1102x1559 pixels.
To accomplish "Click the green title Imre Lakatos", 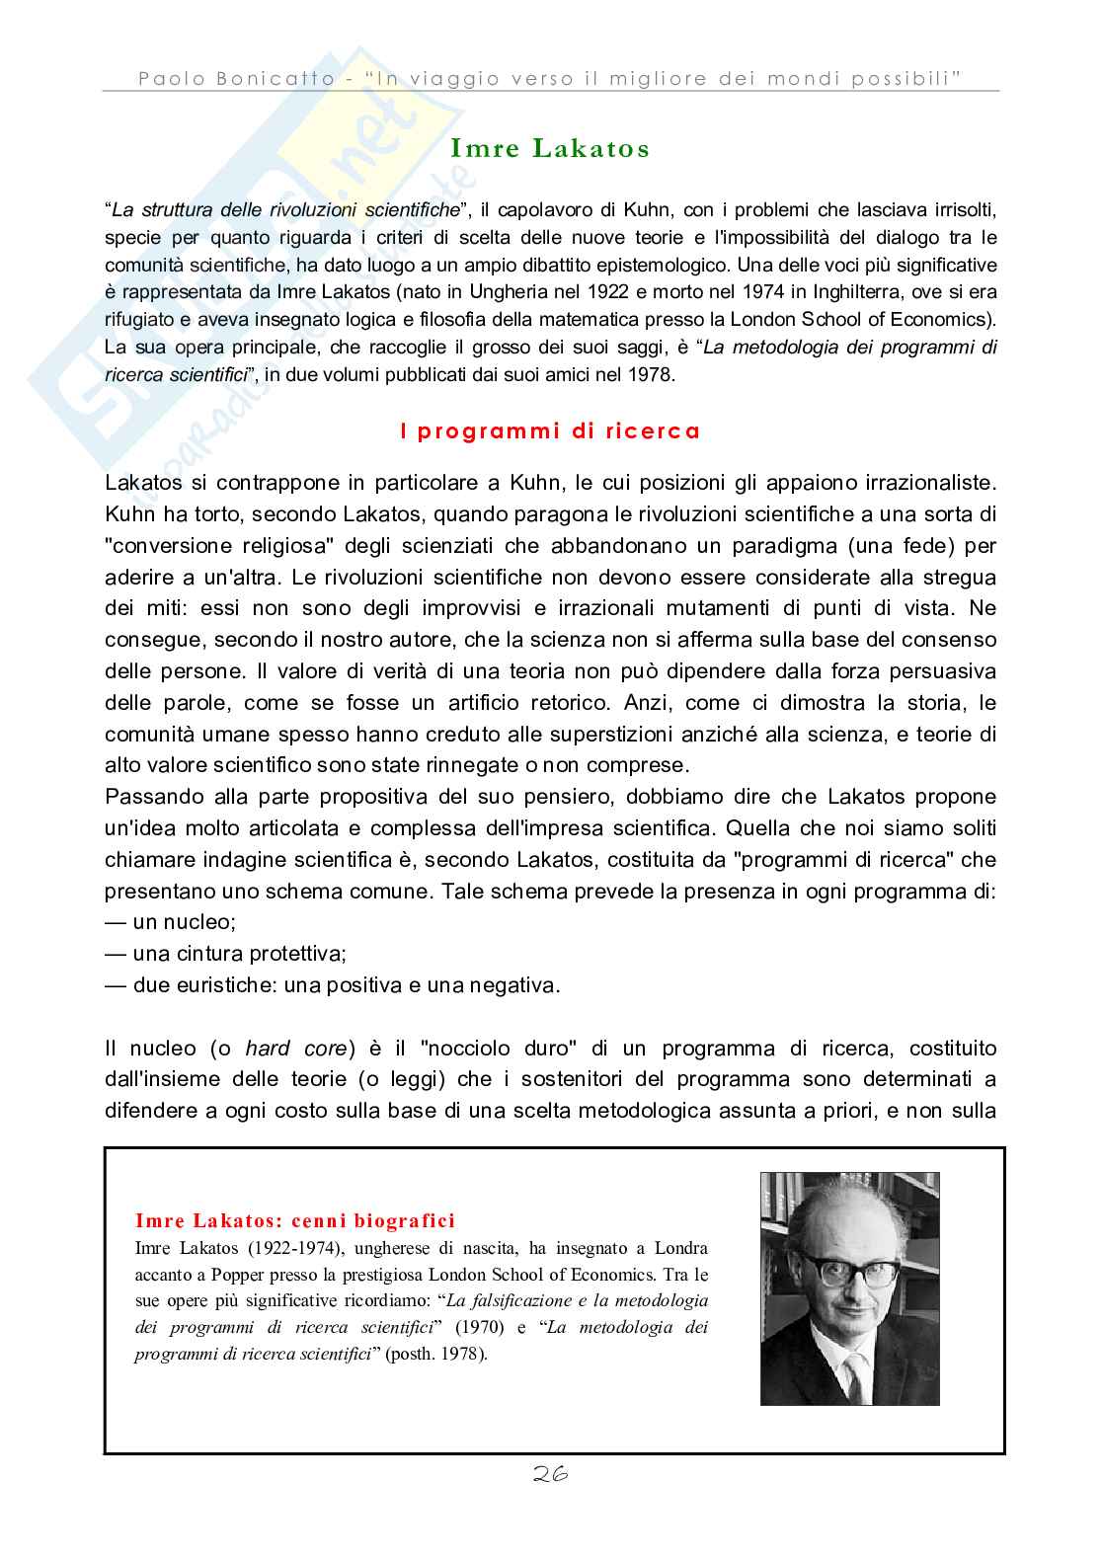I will [550, 149].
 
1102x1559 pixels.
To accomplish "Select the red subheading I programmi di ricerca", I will [550, 431].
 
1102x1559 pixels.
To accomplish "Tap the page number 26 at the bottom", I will [550, 1475].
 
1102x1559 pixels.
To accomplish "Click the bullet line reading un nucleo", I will [171, 922].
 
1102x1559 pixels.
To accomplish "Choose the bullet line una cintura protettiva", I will [225, 954].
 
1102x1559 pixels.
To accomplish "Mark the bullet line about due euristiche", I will [332, 985].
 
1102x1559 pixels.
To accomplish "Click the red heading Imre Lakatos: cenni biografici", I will [294, 1221].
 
